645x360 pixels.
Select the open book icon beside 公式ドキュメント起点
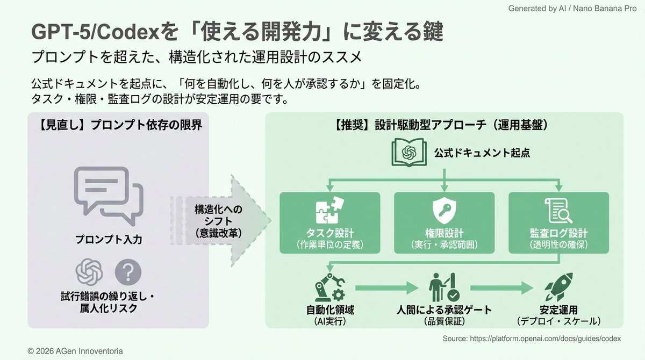(x=408, y=153)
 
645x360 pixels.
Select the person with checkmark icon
(x=444, y=287)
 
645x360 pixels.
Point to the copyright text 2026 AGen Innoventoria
(x=75, y=351)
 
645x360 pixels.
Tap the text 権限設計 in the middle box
(x=444, y=234)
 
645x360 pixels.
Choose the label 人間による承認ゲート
(x=444, y=310)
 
